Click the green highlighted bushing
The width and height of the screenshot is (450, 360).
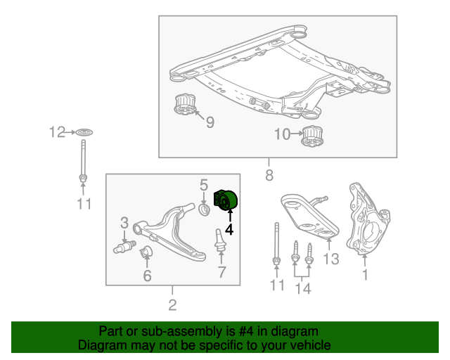[226, 201]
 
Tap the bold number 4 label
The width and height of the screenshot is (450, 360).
[229, 229]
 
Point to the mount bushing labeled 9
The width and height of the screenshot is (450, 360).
[184, 105]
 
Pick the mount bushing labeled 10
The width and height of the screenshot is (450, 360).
[312, 137]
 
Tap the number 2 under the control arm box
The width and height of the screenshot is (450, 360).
[172, 304]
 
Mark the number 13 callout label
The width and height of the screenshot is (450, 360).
[330, 259]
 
